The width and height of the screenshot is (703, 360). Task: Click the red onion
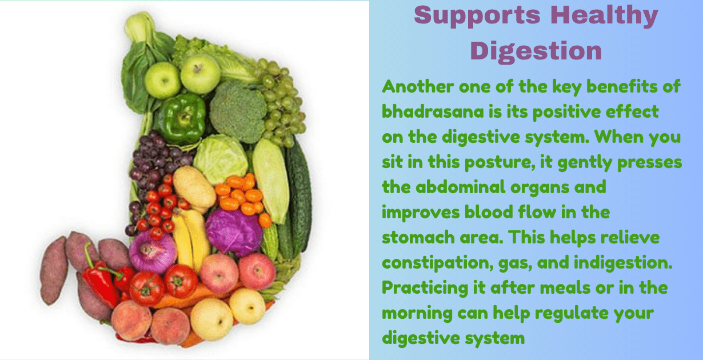pos(153,251)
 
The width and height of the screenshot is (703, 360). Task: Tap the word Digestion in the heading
pos(536,50)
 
